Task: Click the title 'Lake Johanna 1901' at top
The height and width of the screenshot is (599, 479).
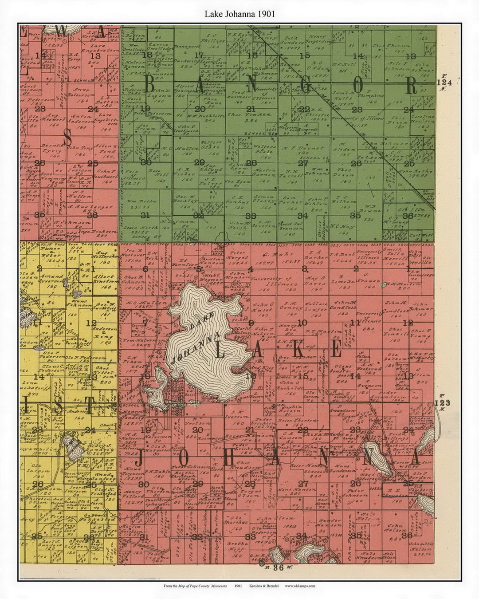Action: pos(239,14)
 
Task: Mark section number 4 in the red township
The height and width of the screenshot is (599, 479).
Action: pos(251,269)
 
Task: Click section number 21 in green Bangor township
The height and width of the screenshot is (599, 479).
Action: pos(251,109)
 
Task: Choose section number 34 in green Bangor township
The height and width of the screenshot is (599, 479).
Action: pos(303,216)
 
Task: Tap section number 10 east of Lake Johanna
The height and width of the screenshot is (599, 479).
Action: pos(302,323)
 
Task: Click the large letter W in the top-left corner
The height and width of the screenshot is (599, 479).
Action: pos(63,32)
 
